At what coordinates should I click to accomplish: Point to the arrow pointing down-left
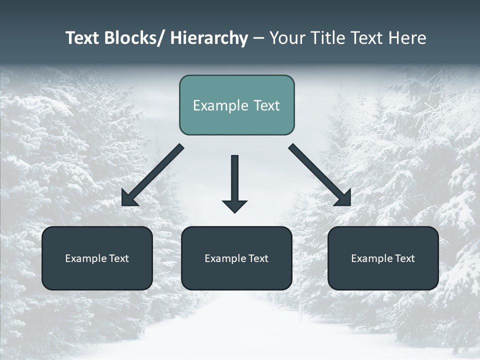(152, 175)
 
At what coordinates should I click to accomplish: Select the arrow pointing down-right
(320, 175)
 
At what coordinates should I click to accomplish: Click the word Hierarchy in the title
(208, 38)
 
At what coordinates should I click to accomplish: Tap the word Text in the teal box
(266, 105)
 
